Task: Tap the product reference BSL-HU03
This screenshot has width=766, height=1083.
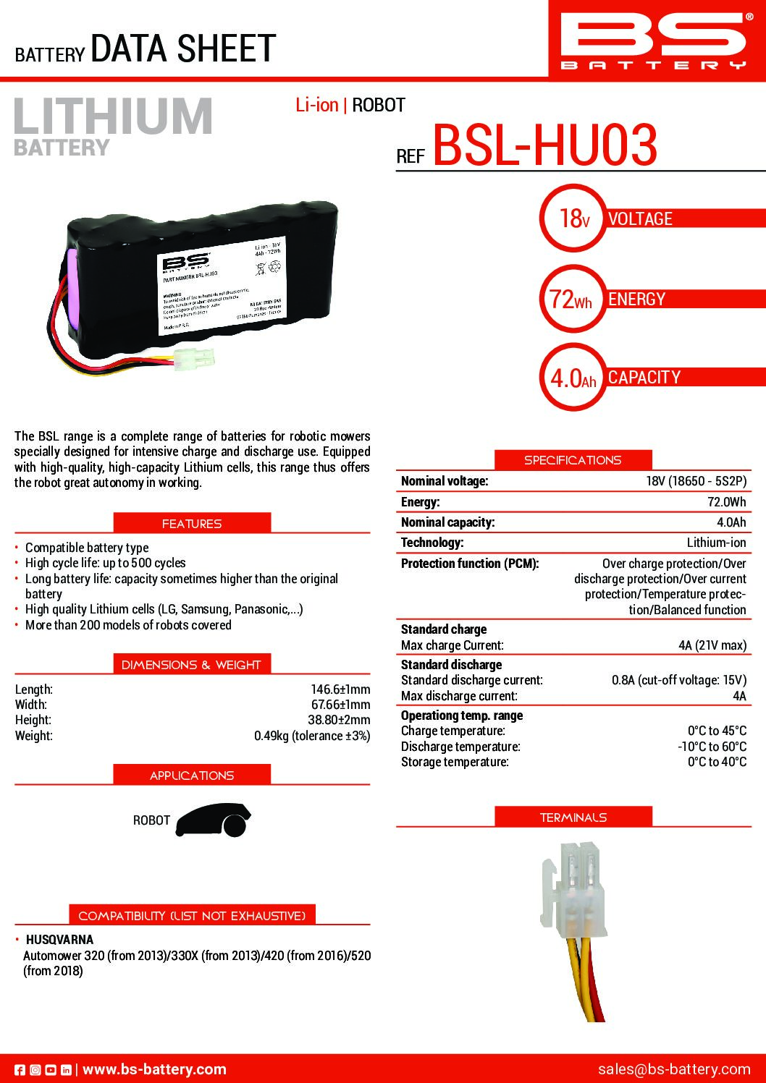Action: [x=544, y=145]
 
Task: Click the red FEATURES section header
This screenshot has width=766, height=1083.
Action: [x=192, y=523]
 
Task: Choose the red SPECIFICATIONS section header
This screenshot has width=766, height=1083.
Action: [x=573, y=460]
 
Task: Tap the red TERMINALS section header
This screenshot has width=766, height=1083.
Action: [x=573, y=817]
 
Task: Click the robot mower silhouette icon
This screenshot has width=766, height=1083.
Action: [x=214, y=821]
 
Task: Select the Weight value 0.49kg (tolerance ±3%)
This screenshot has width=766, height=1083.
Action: [x=311, y=736]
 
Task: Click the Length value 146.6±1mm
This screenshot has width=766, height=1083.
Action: [x=340, y=689]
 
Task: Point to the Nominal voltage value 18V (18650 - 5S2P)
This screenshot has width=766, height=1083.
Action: [x=696, y=481]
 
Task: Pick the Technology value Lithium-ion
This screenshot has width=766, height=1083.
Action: [x=716, y=543]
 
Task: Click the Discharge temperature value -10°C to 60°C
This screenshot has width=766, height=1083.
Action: [x=712, y=747]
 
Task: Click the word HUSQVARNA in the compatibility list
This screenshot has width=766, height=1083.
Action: [x=59, y=940]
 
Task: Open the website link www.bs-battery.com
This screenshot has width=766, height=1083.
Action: [x=154, y=1069]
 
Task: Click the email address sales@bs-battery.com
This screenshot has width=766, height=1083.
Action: [x=674, y=1069]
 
